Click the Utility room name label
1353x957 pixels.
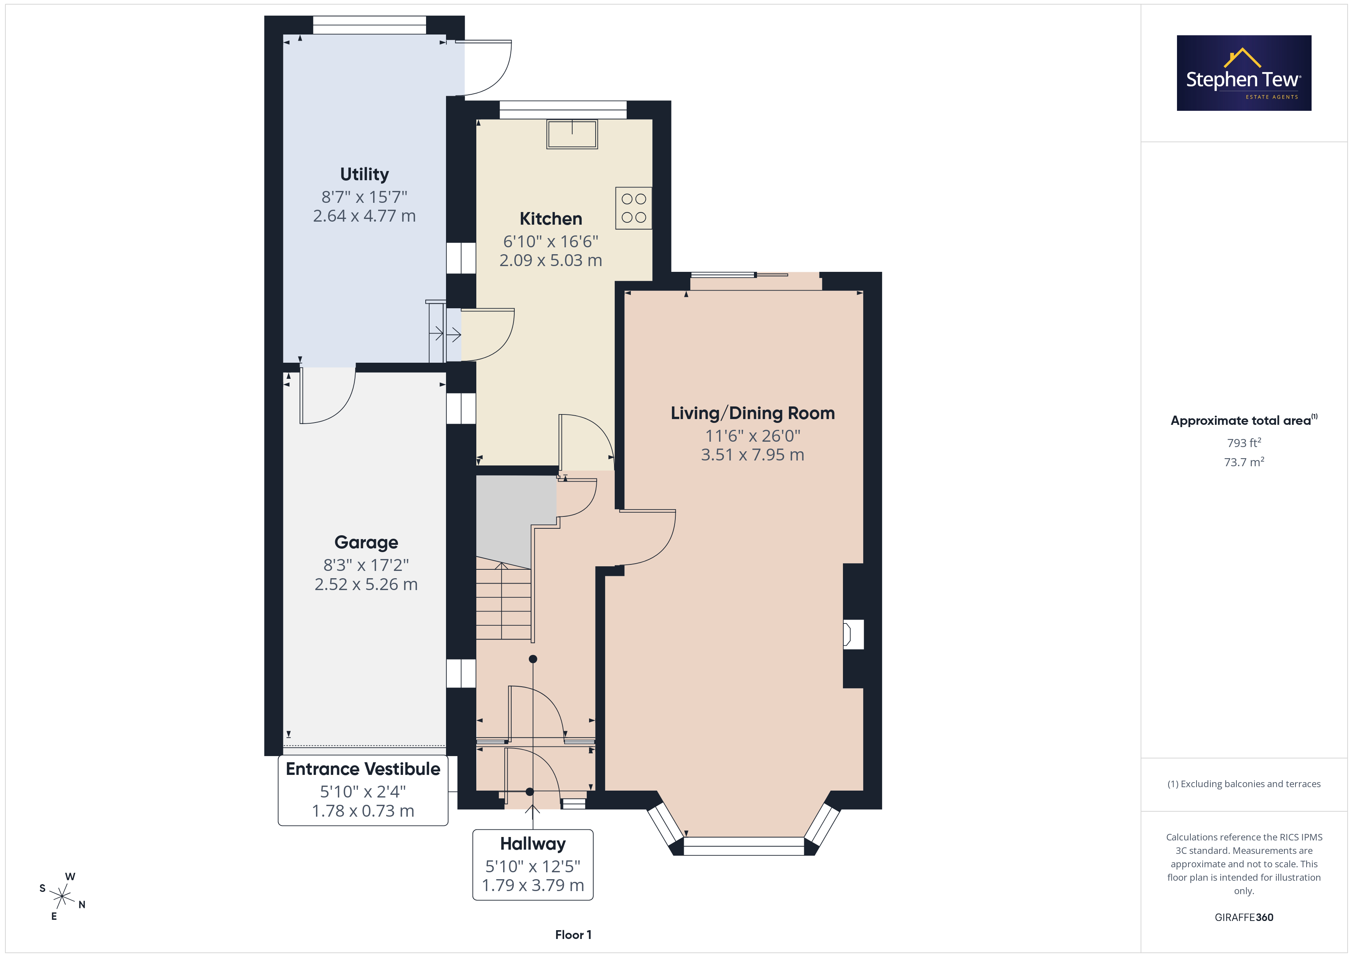364,174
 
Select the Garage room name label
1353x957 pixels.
366,542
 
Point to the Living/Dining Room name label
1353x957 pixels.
752,413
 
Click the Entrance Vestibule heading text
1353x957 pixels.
363,769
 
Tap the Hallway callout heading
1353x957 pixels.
533,844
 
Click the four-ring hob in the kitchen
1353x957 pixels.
634,208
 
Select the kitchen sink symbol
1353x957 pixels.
571,134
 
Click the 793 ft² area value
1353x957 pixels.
1244,442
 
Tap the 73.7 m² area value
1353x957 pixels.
1244,462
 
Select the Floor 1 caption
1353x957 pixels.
573,935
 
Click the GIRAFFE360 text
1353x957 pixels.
1244,918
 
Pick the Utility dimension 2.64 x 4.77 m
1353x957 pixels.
364,216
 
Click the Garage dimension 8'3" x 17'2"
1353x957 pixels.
366,565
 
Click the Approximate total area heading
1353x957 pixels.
1243,420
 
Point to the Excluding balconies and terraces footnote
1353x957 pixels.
1244,784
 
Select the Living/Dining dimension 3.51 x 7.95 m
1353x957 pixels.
752,455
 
